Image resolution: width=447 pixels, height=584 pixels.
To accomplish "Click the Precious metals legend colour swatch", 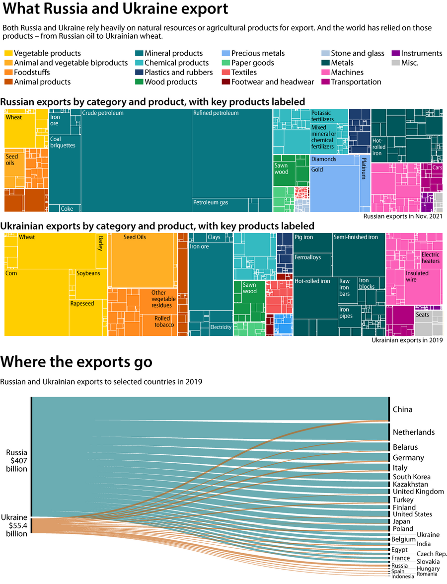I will pos(225,53).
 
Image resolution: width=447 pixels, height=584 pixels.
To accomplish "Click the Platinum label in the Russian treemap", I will pos(365,169).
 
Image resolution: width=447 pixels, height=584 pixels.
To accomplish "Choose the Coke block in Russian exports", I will pos(67,209).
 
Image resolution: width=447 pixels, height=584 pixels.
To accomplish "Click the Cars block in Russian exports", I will pos(437,168).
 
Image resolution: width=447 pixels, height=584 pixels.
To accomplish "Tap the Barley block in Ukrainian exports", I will pos(100,243).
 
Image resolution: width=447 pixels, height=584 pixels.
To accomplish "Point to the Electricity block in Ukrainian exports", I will pos(221,328).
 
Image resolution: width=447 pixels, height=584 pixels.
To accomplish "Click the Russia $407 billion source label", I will pos(16,461).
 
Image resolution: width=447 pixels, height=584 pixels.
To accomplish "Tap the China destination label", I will pos(402,410).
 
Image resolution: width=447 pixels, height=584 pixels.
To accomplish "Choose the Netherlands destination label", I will pos(413,432).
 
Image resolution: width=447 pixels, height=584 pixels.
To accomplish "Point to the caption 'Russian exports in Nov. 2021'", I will pos(402,216).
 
